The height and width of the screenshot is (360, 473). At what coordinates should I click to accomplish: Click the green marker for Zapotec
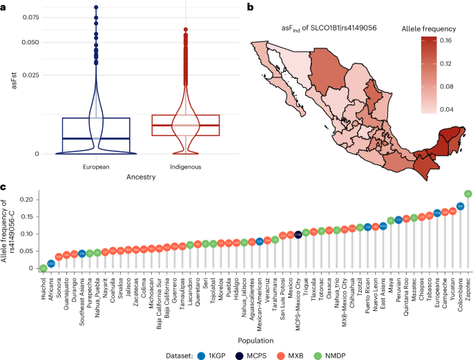tap(468, 193)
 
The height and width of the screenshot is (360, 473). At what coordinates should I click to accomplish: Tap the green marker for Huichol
tap(43, 267)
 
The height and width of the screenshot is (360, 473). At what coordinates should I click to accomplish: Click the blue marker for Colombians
tap(460, 206)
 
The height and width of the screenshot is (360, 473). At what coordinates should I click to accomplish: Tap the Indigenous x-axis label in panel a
tap(186, 167)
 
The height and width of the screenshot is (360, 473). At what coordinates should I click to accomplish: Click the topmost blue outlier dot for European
tap(96, 8)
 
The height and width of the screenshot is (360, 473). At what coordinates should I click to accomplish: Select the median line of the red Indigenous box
tap(186, 126)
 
